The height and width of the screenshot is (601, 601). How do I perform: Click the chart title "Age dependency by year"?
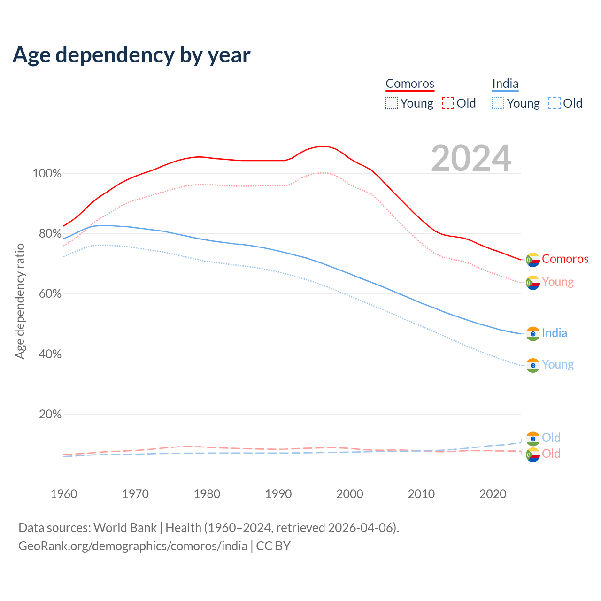click(131, 55)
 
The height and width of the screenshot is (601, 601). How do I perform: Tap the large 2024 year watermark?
click(471, 159)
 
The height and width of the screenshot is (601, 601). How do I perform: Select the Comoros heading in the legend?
click(410, 84)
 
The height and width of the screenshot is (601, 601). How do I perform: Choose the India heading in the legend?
click(505, 84)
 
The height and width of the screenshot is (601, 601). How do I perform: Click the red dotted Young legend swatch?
click(391, 103)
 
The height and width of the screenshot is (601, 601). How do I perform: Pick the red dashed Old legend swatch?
click(448, 103)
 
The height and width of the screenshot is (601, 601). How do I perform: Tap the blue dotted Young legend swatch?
click(498, 103)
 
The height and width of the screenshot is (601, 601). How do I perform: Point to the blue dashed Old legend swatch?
click(555, 103)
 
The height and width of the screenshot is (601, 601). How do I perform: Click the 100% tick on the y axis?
click(47, 174)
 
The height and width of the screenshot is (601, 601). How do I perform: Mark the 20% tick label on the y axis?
click(50, 414)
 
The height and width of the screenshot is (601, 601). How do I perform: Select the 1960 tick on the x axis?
click(64, 494)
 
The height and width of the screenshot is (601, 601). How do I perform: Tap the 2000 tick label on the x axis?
click(350, 494)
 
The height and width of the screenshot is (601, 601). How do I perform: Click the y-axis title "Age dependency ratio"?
click(20, 301)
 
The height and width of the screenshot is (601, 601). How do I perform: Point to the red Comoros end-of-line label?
click(565, 259)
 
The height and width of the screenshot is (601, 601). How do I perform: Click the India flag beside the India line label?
click(533, 333)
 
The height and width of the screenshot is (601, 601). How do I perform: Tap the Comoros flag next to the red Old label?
click(533, 455)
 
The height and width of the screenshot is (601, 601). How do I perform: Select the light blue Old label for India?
click(551, 438)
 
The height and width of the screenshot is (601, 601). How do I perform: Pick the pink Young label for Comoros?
click(558, 282)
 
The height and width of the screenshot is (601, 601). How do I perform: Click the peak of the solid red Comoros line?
click(322, 146)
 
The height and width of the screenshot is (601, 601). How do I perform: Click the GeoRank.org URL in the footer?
click(133, 546)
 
